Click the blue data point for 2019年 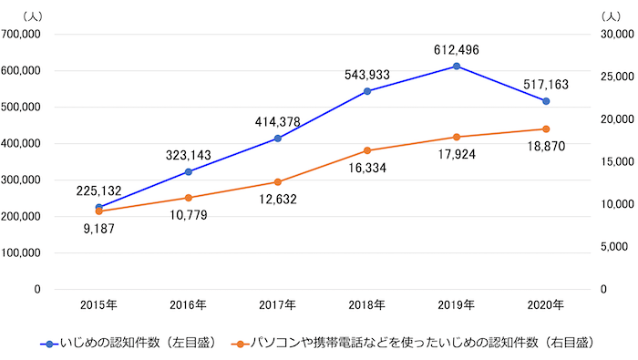click(x=456, y=66)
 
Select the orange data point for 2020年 click(x=545, y=129)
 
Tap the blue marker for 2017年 click(x=277, y=139)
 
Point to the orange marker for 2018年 click(x=366, y=150)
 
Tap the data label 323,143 click(x=188, y=155)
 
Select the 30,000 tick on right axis click(x=617, y=34)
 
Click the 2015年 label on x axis click(x=99, y=305)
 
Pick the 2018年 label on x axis click(x=366, y=305)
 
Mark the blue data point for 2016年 click(x=188, y=171)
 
